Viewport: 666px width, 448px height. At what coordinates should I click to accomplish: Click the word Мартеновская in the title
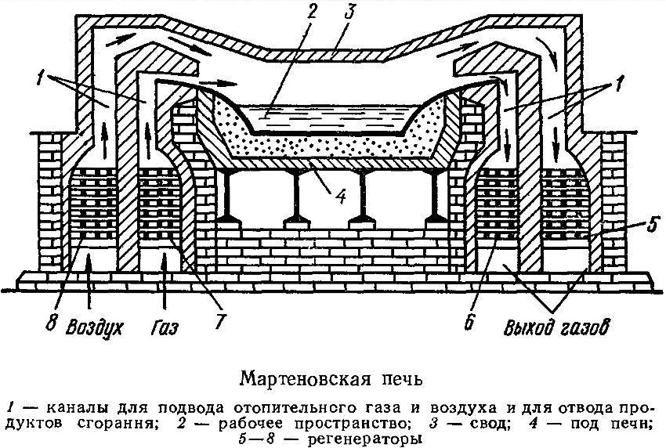pos(300,382)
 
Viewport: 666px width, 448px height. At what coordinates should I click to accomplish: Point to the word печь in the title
pos(386,382)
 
